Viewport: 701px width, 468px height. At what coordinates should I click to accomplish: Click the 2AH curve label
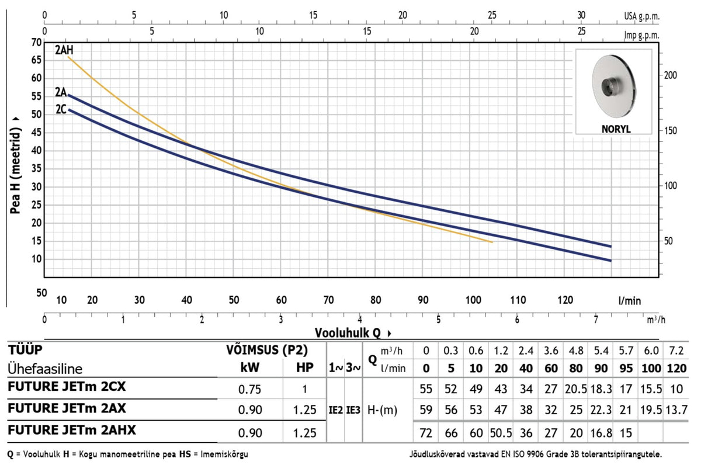[64, 50]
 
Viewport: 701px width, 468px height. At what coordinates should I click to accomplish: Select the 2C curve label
[61, 109]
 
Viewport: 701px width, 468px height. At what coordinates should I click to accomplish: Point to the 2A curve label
[61, 92]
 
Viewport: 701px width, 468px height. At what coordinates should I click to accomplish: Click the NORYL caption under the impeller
[616, 129]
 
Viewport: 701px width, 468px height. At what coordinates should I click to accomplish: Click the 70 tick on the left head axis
[36, 42]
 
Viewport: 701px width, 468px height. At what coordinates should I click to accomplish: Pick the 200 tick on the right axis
[671, 75]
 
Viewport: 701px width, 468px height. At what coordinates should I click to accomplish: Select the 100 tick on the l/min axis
[473, 300]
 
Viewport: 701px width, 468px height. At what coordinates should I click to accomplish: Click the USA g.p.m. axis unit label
[642, 16]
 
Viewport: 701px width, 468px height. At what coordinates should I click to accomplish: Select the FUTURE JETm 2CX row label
[67, 387]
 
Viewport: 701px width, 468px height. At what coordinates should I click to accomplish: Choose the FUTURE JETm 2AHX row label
[72, 430]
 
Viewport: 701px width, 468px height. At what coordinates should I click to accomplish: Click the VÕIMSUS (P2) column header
[267, 350]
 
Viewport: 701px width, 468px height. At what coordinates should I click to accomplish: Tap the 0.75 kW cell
[249, 389]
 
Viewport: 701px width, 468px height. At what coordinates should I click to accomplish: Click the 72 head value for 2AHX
[426, 433]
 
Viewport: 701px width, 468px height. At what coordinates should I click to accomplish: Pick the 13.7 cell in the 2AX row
[676, 410]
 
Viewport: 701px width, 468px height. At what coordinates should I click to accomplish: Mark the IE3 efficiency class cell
[353, 410]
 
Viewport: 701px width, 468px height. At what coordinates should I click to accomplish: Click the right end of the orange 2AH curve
[492, 242]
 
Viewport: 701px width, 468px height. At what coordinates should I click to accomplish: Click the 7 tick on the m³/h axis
[596, 320]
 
